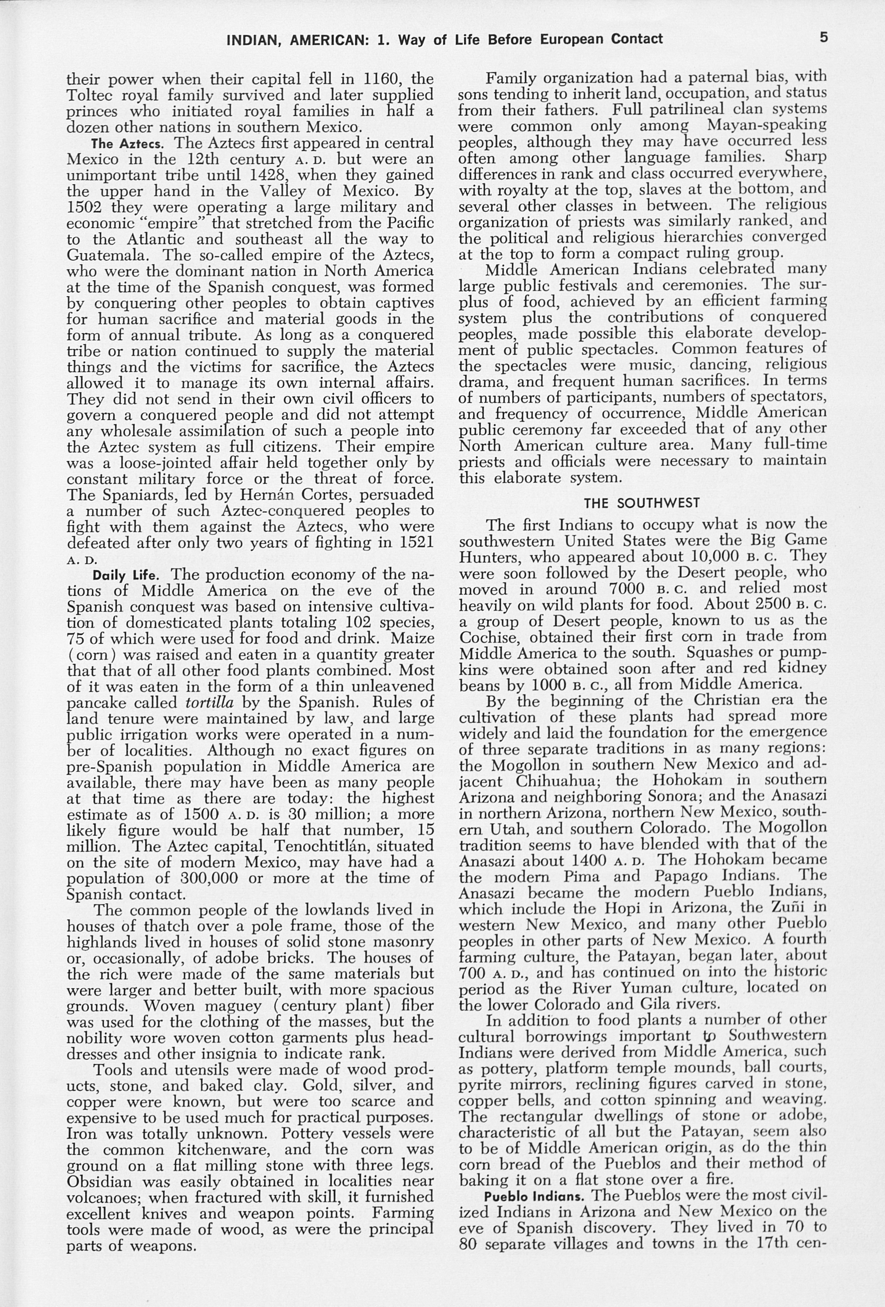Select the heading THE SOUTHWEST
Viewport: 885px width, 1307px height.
pos(642,502)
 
